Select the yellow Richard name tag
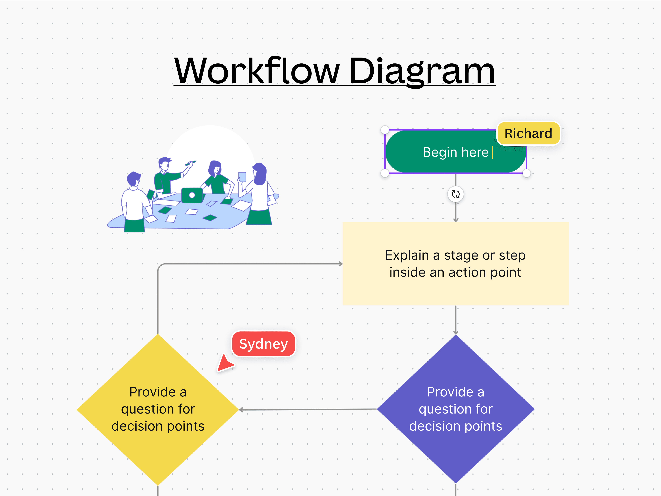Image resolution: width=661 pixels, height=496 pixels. coord(528,133)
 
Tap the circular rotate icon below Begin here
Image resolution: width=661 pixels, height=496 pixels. coord(455,194)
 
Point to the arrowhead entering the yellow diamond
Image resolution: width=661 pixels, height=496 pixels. coord(241,410)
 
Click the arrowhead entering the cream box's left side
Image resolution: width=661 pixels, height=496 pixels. coord(340,264)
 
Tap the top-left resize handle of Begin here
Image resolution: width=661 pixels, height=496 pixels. coord(385,130)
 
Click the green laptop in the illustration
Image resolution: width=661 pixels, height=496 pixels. coord(192,195)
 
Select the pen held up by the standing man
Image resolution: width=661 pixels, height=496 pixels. coord(190,163)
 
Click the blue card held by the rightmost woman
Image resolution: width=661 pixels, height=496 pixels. coord(242,177)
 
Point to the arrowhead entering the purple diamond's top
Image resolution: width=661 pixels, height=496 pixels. coord(455,333)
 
